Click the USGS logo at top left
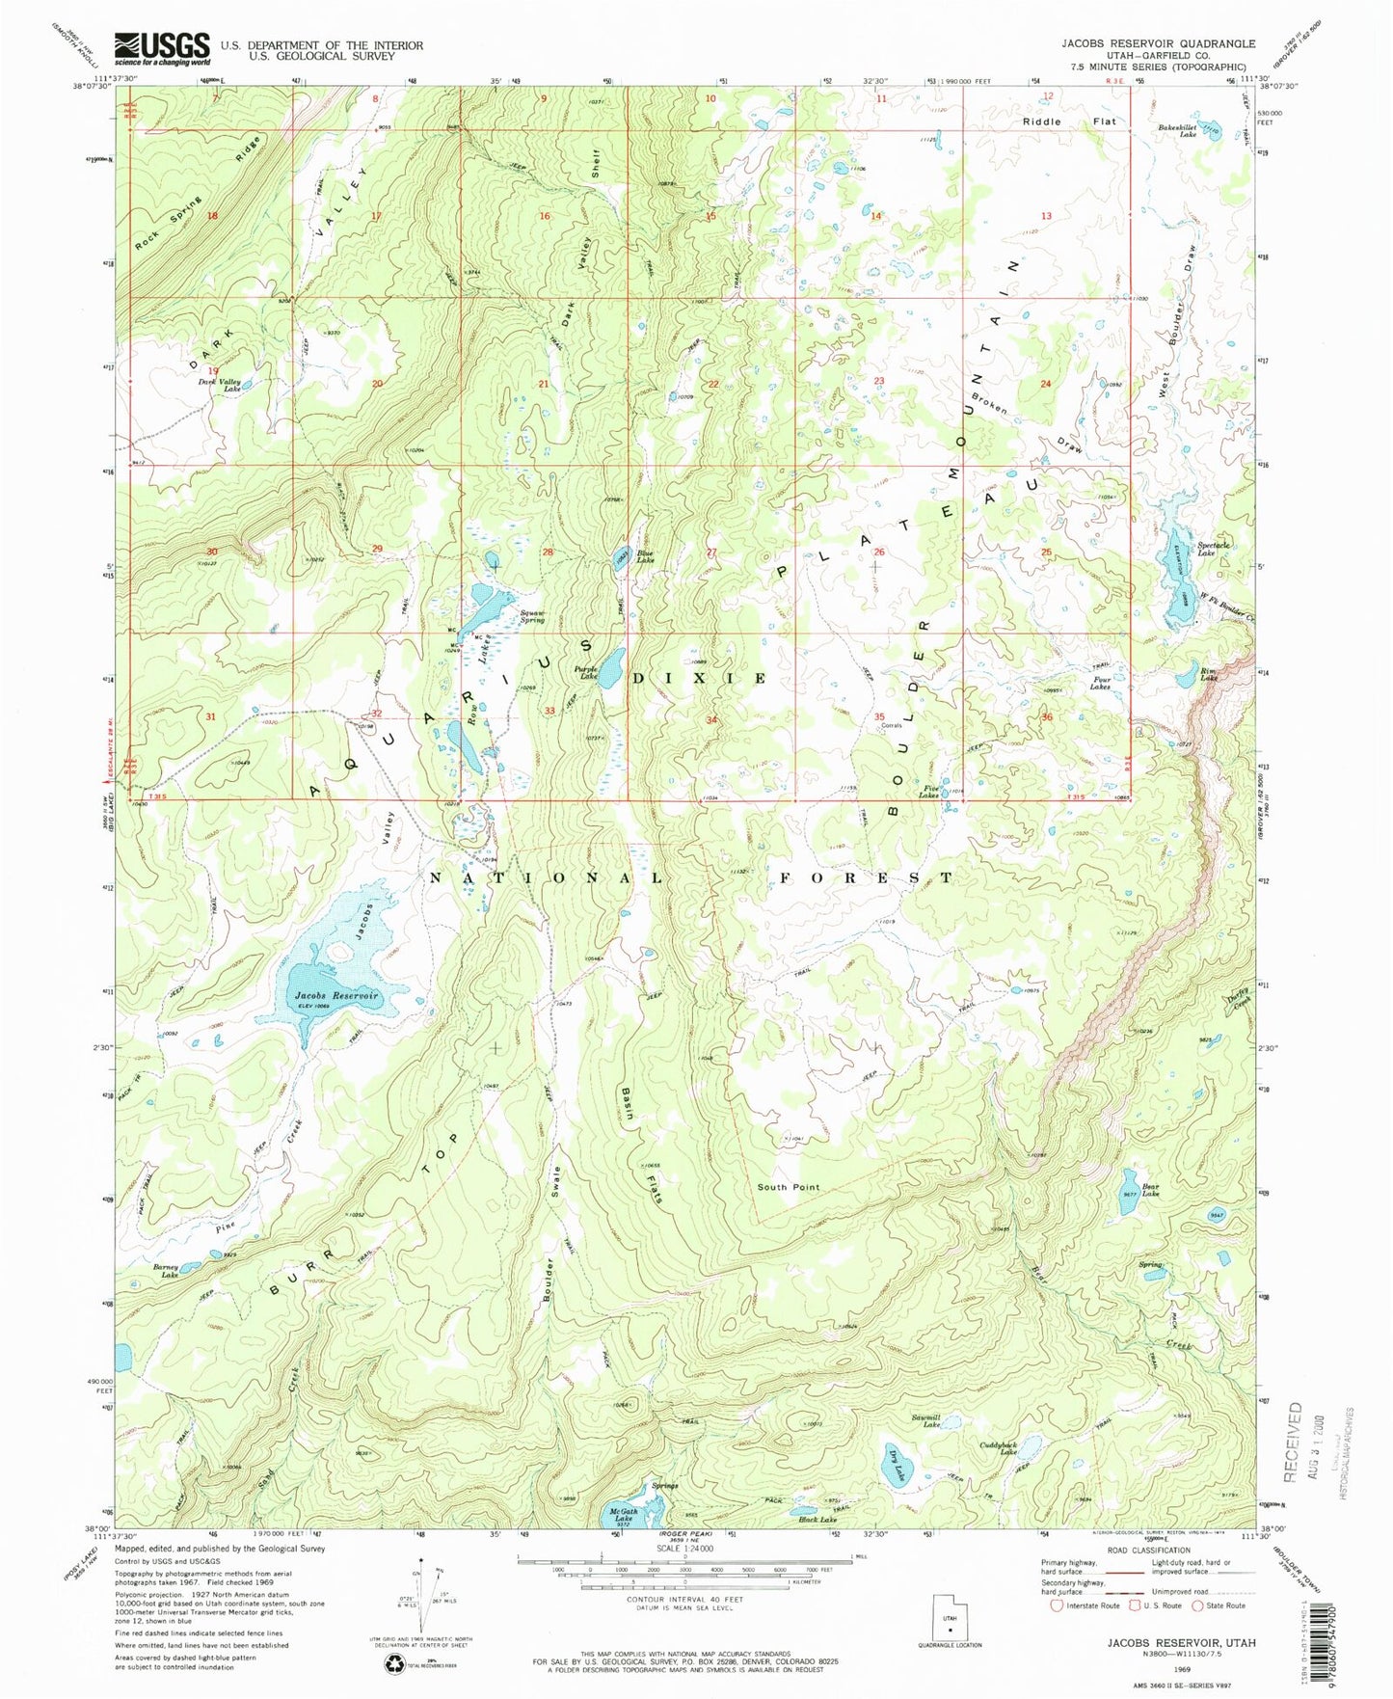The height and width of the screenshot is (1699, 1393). coord(162,48)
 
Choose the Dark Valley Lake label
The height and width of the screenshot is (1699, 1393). coord(220,385)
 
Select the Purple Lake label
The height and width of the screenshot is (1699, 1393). coord(587,672)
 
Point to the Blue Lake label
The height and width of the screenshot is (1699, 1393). coord(644,556)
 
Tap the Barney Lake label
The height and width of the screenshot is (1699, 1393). coord(169,1271)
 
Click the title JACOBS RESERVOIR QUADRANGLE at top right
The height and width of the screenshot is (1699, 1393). coord(1158,43)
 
